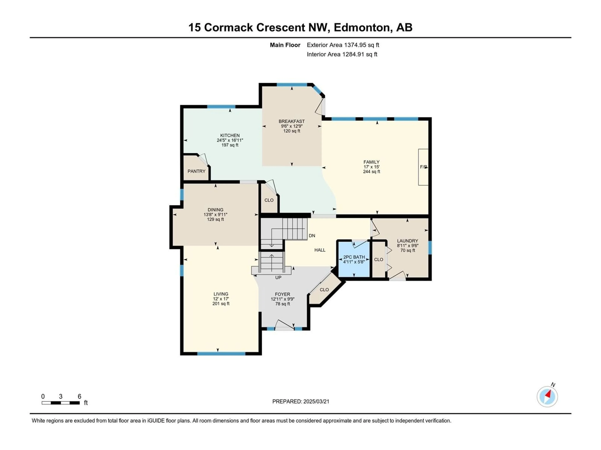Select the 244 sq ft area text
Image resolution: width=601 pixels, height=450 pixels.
point(371,172)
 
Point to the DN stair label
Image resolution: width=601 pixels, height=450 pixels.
point(312,236)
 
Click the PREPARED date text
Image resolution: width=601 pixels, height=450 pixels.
point(301,401)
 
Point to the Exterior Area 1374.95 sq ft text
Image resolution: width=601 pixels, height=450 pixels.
point(343,45)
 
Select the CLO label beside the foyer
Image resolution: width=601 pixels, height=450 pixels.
point(324,290)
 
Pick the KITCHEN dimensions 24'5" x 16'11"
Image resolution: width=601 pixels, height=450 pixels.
point(230,140)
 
